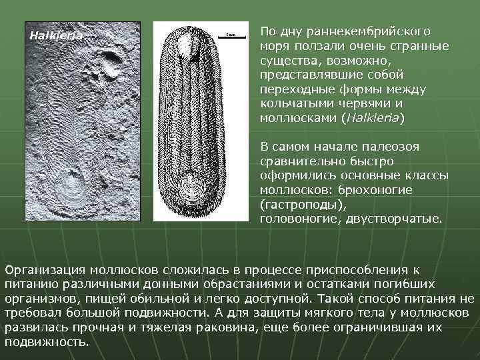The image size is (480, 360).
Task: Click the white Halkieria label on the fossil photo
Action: (56, 35)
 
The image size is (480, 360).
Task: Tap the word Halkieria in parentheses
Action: (372, 117)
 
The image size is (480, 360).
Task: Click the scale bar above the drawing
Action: (229, 33)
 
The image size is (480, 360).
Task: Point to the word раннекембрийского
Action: (376, 31)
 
